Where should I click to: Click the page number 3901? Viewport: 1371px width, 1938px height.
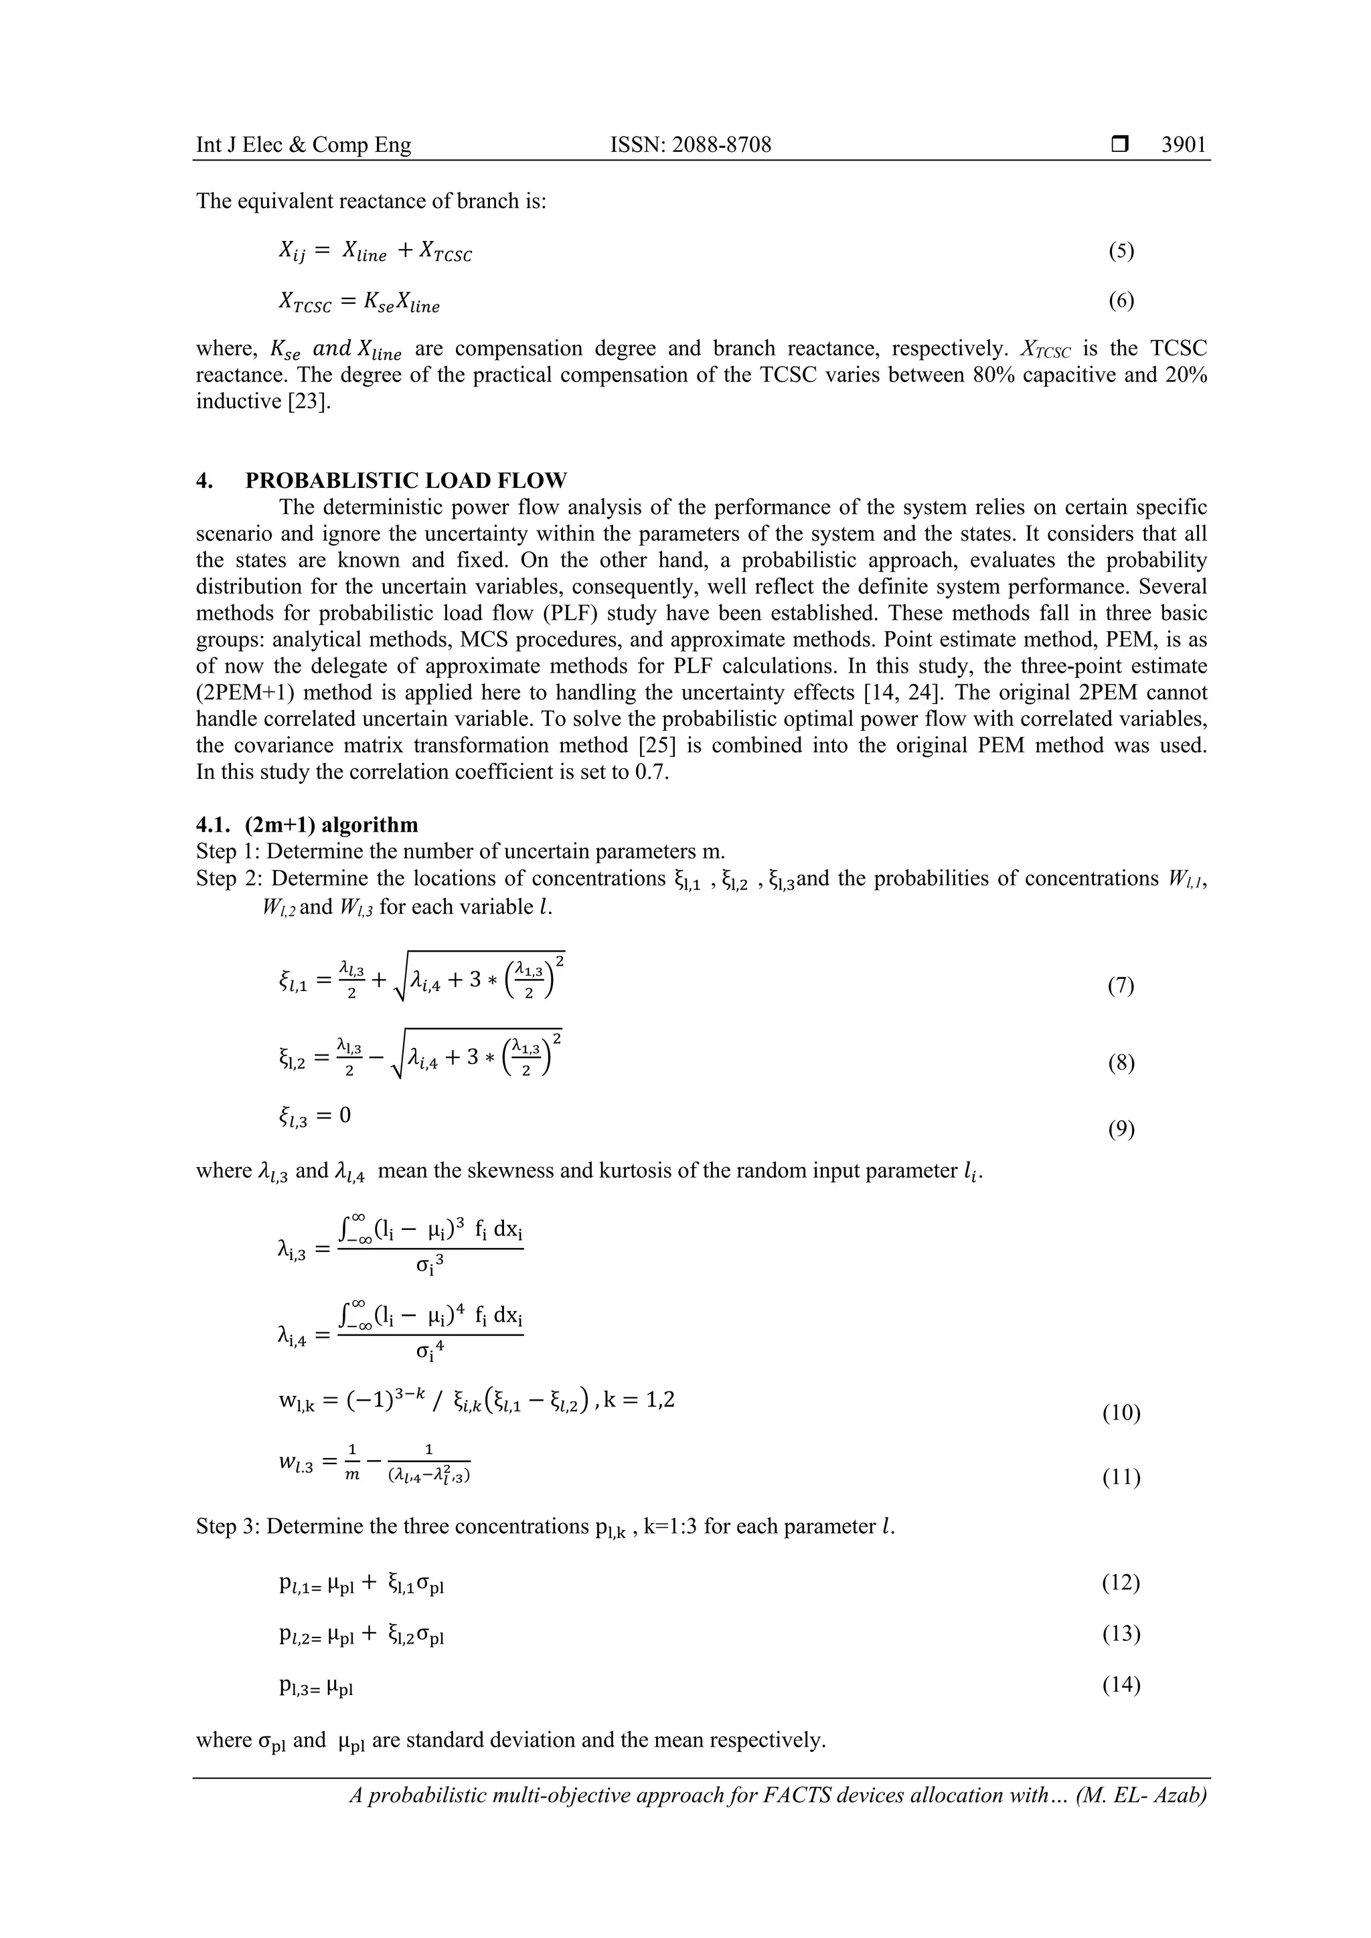pos(1184,145)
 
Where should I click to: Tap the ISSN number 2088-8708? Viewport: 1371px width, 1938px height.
pos(691,145)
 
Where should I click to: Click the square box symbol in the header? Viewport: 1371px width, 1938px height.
pos(1119,145)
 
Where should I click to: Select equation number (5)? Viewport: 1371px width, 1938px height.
pos(1121,251)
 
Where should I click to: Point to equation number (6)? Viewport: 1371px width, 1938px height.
pos(1121,301)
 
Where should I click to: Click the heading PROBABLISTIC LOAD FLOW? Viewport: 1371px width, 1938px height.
pos(405,481)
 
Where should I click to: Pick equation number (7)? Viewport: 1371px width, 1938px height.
pos(1121,986)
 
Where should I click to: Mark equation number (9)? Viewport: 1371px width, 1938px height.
pos(1121,1130)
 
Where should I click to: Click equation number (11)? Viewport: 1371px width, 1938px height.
pos(1121,1477)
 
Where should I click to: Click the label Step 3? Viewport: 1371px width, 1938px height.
pos(229,1526)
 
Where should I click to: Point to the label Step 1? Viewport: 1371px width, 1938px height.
pos(229,851)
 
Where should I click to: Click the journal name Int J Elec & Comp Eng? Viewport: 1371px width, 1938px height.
pos(304,145)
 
